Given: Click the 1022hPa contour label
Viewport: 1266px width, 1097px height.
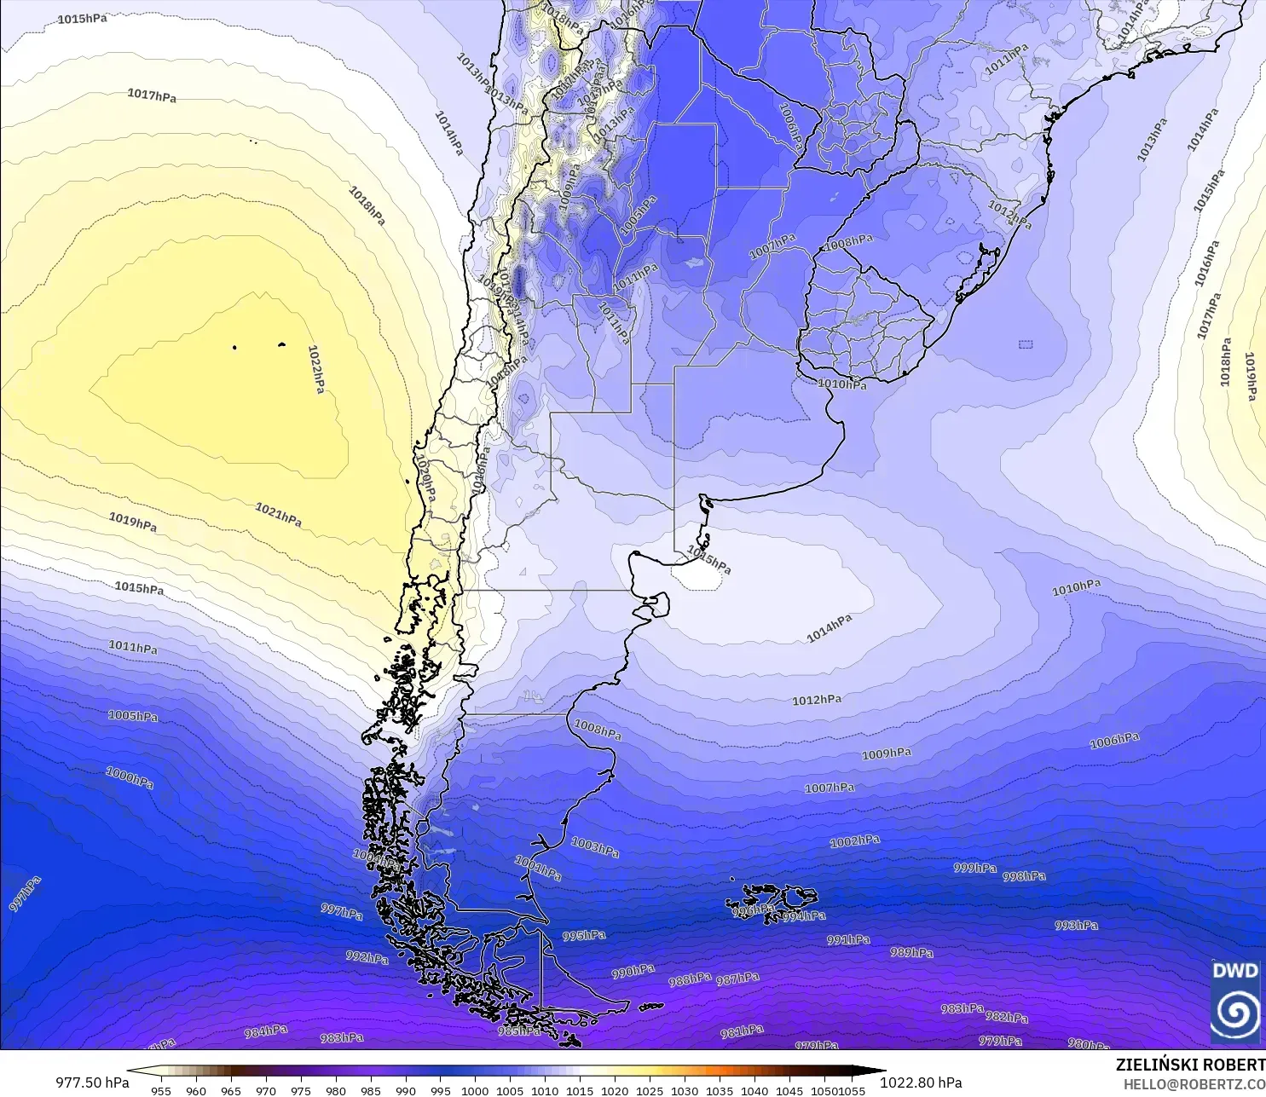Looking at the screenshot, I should (315, 369).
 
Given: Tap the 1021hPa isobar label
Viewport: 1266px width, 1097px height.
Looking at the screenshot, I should (278, 514).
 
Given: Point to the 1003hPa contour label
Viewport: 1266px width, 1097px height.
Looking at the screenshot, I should (595, 846).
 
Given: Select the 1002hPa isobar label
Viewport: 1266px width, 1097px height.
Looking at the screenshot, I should (854, 841).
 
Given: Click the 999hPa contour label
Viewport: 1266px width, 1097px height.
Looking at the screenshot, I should (974, 868).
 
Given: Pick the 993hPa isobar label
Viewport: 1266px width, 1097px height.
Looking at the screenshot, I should (1076, 925).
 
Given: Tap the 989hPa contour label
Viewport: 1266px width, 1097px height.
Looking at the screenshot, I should (911, 952).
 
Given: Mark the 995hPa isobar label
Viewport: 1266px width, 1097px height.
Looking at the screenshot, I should (584, 935).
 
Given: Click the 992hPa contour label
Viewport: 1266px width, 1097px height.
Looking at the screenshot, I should (367, 957).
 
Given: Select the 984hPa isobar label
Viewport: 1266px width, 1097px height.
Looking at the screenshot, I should (266, 1031).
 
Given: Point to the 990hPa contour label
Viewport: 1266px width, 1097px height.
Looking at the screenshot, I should (633, 971).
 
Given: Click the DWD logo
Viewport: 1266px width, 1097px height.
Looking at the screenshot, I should (1234, 1001).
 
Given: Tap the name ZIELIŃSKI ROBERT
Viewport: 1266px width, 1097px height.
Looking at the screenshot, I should (1190, 1065).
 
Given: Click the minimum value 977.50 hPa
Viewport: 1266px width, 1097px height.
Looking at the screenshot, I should (92, 1083).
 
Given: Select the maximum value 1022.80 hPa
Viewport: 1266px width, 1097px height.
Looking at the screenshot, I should (921, 1083).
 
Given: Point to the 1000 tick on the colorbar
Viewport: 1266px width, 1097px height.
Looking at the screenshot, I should (475, 1090).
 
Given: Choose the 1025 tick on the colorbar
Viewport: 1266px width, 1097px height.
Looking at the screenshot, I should (650, 1090).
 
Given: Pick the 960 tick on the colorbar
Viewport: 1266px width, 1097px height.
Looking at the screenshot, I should (196, 1090).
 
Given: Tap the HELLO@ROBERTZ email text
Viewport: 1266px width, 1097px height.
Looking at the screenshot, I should (1194, 1084).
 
